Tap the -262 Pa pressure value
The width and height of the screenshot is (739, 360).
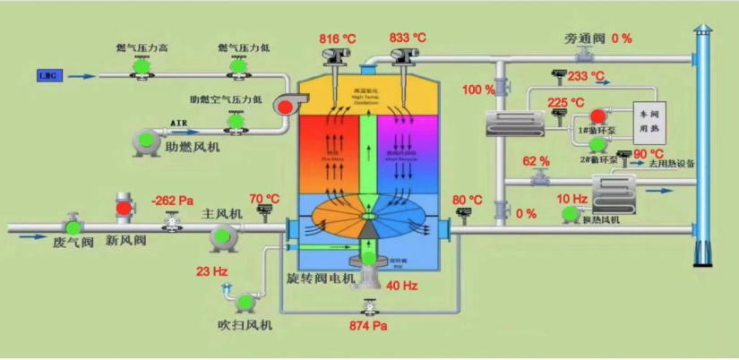pyautogui.click(x=173, y=200)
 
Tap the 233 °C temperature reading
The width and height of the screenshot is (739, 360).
pyautogui.click(x=586, y=77)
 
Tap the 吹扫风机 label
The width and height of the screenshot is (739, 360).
pyautogui.click(x=245, y=324)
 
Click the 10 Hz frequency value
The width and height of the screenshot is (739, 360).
pyautogui.click(x=572, y=199)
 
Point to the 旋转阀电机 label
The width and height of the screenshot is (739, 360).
pyautogui.click(x=320, y=279)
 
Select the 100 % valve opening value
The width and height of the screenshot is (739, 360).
pyautogui.click(x=478, y=90)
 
